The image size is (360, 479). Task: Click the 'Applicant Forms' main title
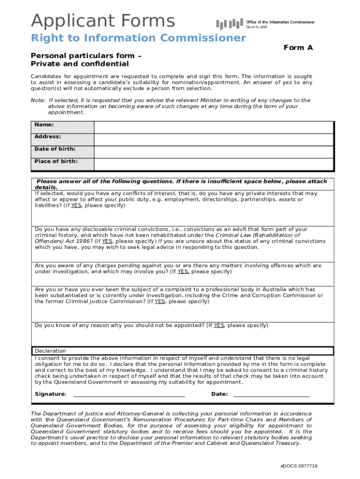103,21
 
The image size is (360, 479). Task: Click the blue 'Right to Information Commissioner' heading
138,38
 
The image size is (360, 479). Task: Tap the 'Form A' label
298,48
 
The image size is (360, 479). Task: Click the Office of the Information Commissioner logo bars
229,24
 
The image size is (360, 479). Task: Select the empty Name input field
214,127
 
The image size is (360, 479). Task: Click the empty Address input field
214,139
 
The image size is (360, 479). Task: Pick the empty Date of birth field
214,152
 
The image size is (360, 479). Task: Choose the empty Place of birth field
214,164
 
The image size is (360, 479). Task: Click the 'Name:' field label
44,125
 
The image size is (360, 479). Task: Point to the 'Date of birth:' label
55,149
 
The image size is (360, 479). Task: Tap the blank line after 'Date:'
271,394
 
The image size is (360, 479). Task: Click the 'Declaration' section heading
50,351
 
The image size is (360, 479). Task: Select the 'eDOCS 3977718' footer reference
299,466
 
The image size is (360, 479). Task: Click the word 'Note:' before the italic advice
38,101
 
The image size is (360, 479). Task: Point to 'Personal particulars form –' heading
86,56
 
